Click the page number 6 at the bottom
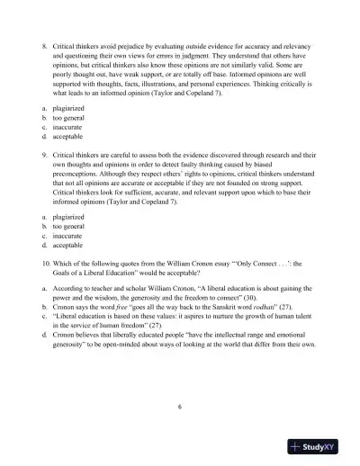pyautogui.click(x=180, y=408)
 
